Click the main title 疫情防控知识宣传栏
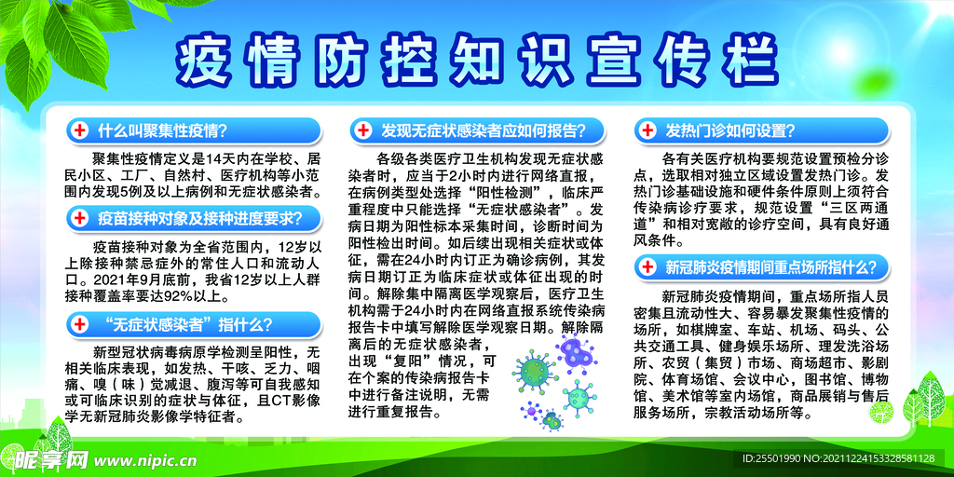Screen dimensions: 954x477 476,61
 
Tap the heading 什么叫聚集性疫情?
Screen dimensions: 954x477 162,130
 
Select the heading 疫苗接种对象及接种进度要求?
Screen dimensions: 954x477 199,217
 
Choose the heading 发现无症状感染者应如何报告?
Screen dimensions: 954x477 484,130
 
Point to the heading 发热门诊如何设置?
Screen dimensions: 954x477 730,130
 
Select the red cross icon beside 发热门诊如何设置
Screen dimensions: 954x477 648,130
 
